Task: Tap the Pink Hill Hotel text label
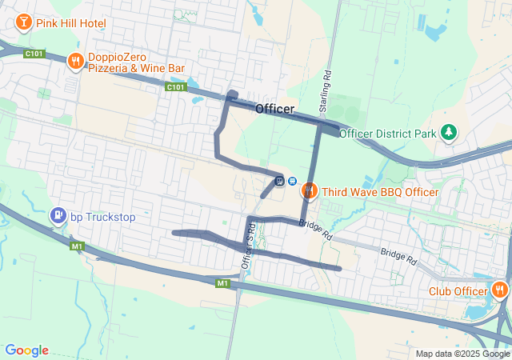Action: coord(70,24)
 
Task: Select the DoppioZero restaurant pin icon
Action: coord(76,60)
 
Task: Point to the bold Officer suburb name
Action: coord(274,109)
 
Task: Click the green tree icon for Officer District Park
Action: coord(450,131)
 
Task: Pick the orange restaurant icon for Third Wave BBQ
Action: coord(309,190)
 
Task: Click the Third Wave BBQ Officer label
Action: coord(379,192)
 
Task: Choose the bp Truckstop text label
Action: coord(103,217)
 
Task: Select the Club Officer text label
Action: coord(458,292)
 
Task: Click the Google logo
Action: coord(26,350)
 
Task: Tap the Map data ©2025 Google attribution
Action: coord(462,354)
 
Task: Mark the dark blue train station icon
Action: coord(279,181)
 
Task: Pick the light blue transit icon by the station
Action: coord(293,181)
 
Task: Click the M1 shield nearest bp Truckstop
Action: coord(77,246)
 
